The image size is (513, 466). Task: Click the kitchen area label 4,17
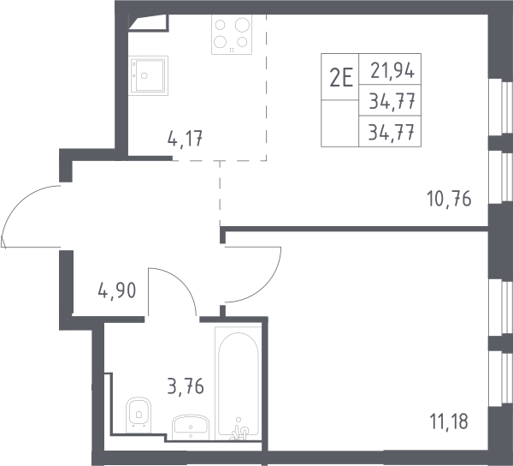(185, 138)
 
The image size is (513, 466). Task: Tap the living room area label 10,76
(449, 199)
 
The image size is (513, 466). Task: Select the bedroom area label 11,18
(449, 421)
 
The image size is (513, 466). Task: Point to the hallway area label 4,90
(117, 290)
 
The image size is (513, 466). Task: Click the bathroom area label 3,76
(186, 385)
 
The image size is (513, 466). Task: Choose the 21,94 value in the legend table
(392, 70)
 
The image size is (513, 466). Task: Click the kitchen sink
(148, 75)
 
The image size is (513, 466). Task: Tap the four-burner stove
(232, 34)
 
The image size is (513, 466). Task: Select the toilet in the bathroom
(139, 415)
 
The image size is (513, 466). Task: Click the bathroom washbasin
(191, 427)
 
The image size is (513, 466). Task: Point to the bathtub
(239, 384)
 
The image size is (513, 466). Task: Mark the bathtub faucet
(239, 431)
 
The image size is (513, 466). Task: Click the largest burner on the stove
(242, 24)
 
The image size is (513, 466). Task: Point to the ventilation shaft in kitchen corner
(148, 23)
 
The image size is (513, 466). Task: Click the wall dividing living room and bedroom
(354, 229)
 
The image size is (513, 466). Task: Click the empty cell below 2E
(340, 123)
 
